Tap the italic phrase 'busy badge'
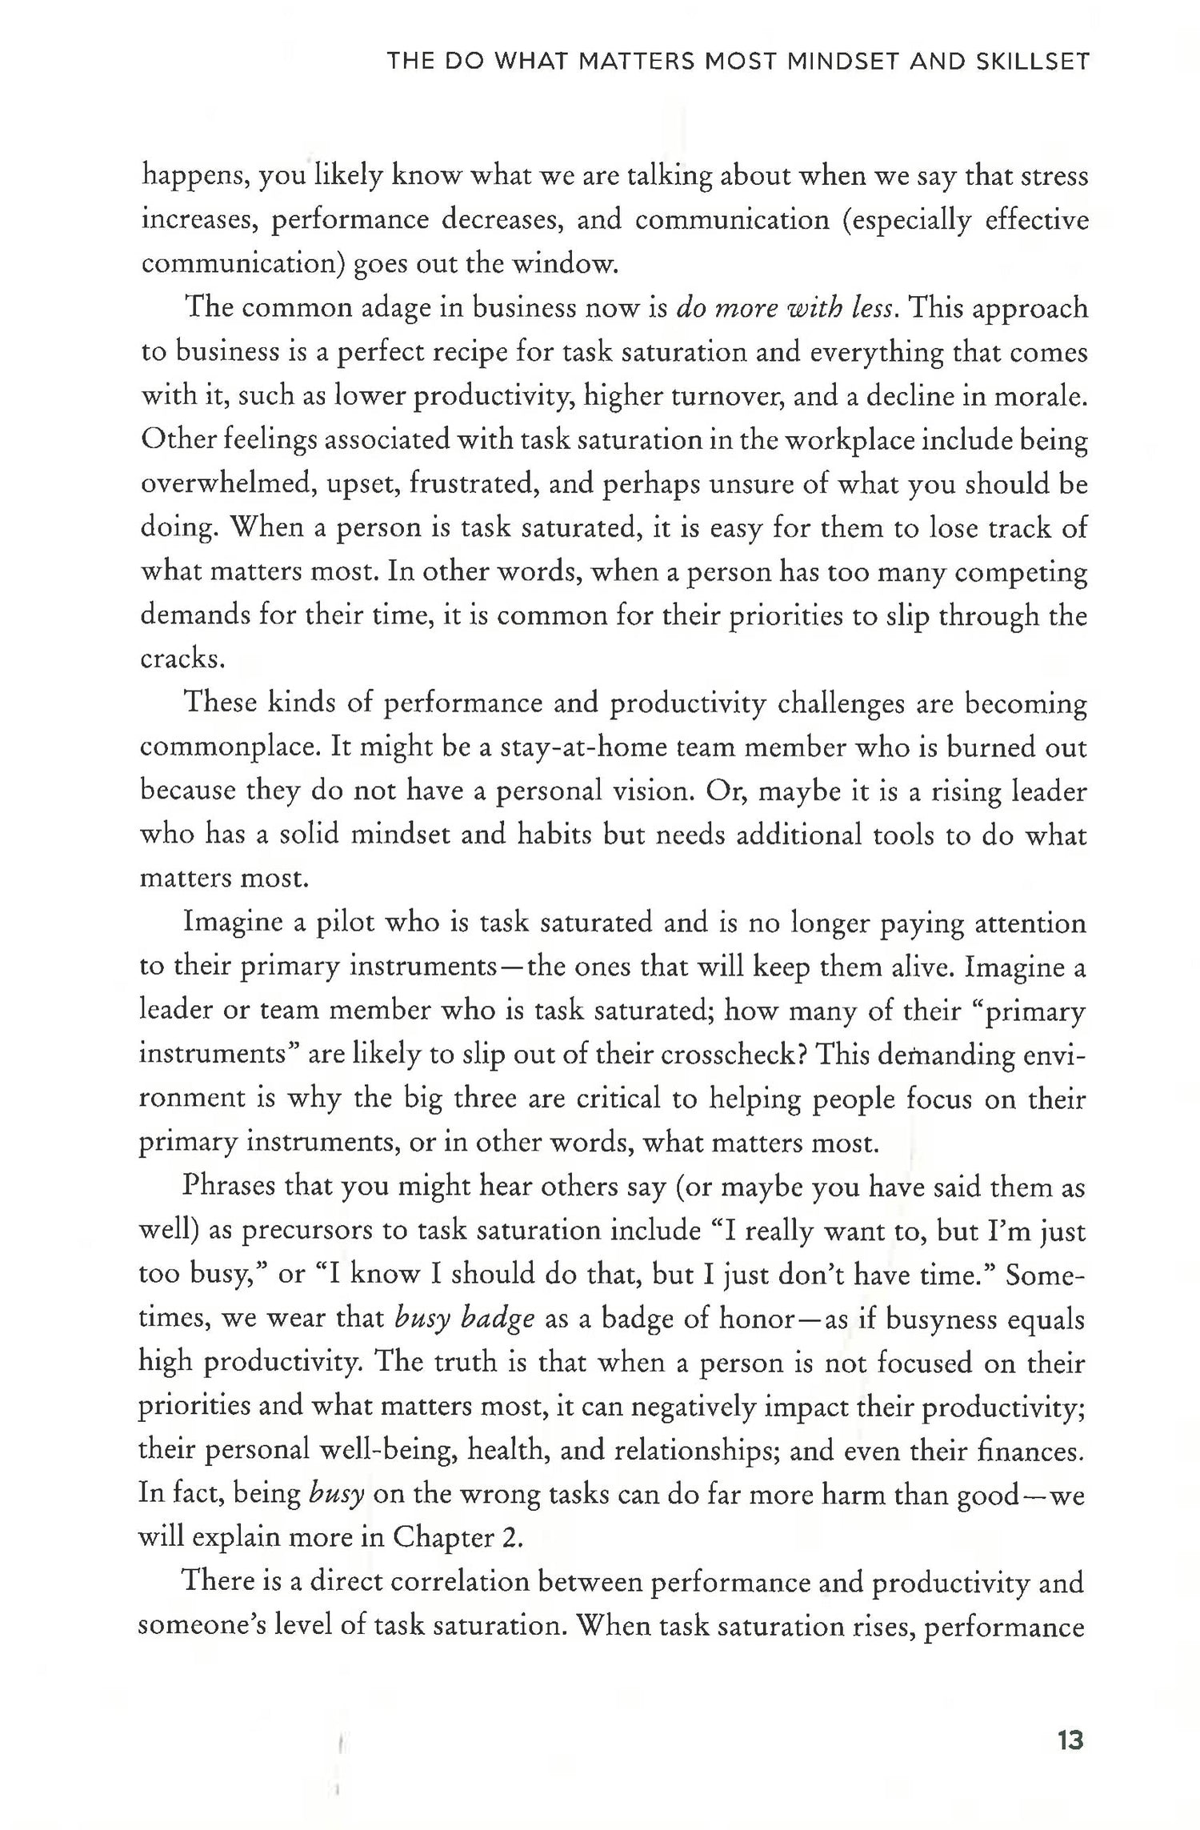[x=465, y=1318]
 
